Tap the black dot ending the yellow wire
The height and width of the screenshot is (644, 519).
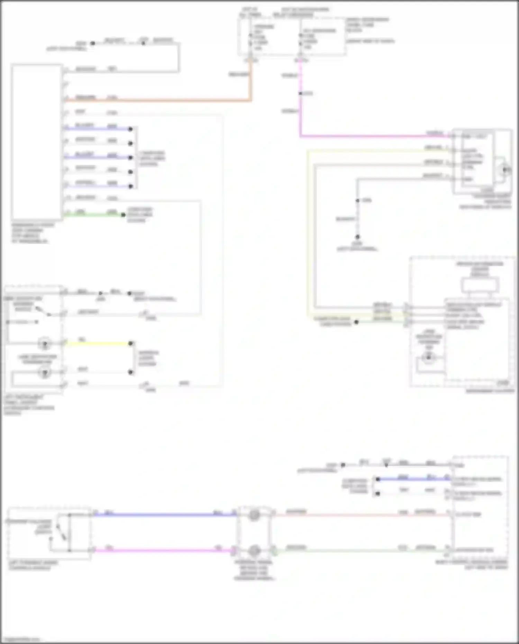[131, 344]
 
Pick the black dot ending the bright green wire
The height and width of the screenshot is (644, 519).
[123, 215]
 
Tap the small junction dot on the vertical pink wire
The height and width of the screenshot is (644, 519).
[300, 93]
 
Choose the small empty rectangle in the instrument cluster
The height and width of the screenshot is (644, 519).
[480, 285]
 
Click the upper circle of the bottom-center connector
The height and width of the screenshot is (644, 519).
[254, 515]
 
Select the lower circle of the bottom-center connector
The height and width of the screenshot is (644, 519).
[254, 550]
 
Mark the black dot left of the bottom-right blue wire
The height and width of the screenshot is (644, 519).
[378, 479]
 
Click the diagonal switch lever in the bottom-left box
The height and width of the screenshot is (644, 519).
[61, 532]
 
